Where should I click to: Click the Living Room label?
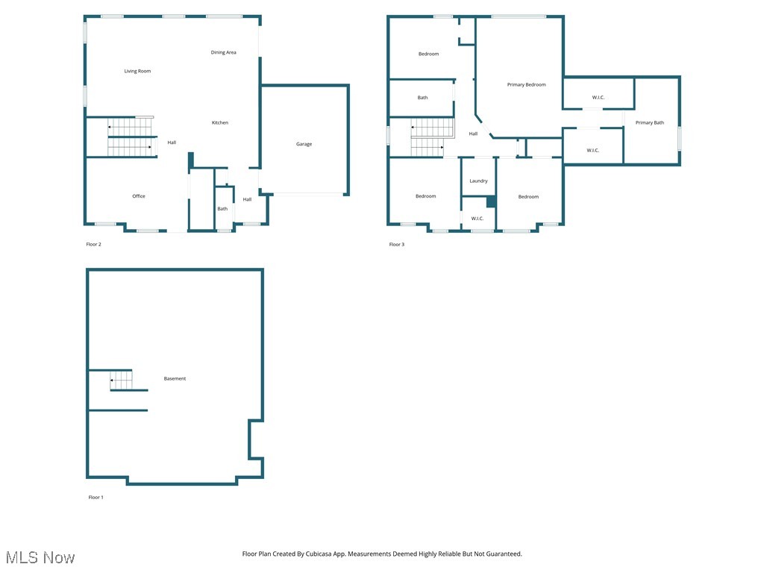pos(137,72)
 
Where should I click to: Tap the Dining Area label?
pos(223,53)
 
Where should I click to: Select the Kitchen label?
pos(220,123)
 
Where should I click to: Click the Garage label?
pos(304,144)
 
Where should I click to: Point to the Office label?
pos(139,196)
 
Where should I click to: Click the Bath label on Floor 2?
pos(222,209)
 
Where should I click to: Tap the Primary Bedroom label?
pos(526,85)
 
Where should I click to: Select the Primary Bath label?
pos(649,123)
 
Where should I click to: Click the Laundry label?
pos(478,181)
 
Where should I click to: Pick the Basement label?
pos(175,379)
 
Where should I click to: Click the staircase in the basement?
pos(121,381)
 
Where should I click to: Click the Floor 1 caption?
pos(95,497)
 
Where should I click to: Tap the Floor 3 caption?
pos(396,245)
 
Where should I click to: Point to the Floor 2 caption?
pos(93,245)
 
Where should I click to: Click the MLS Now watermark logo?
pos(40,558)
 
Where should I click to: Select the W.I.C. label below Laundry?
pos(477,219)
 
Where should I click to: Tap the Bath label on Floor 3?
pos(422,98)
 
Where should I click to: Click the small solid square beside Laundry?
pos(491,201)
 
